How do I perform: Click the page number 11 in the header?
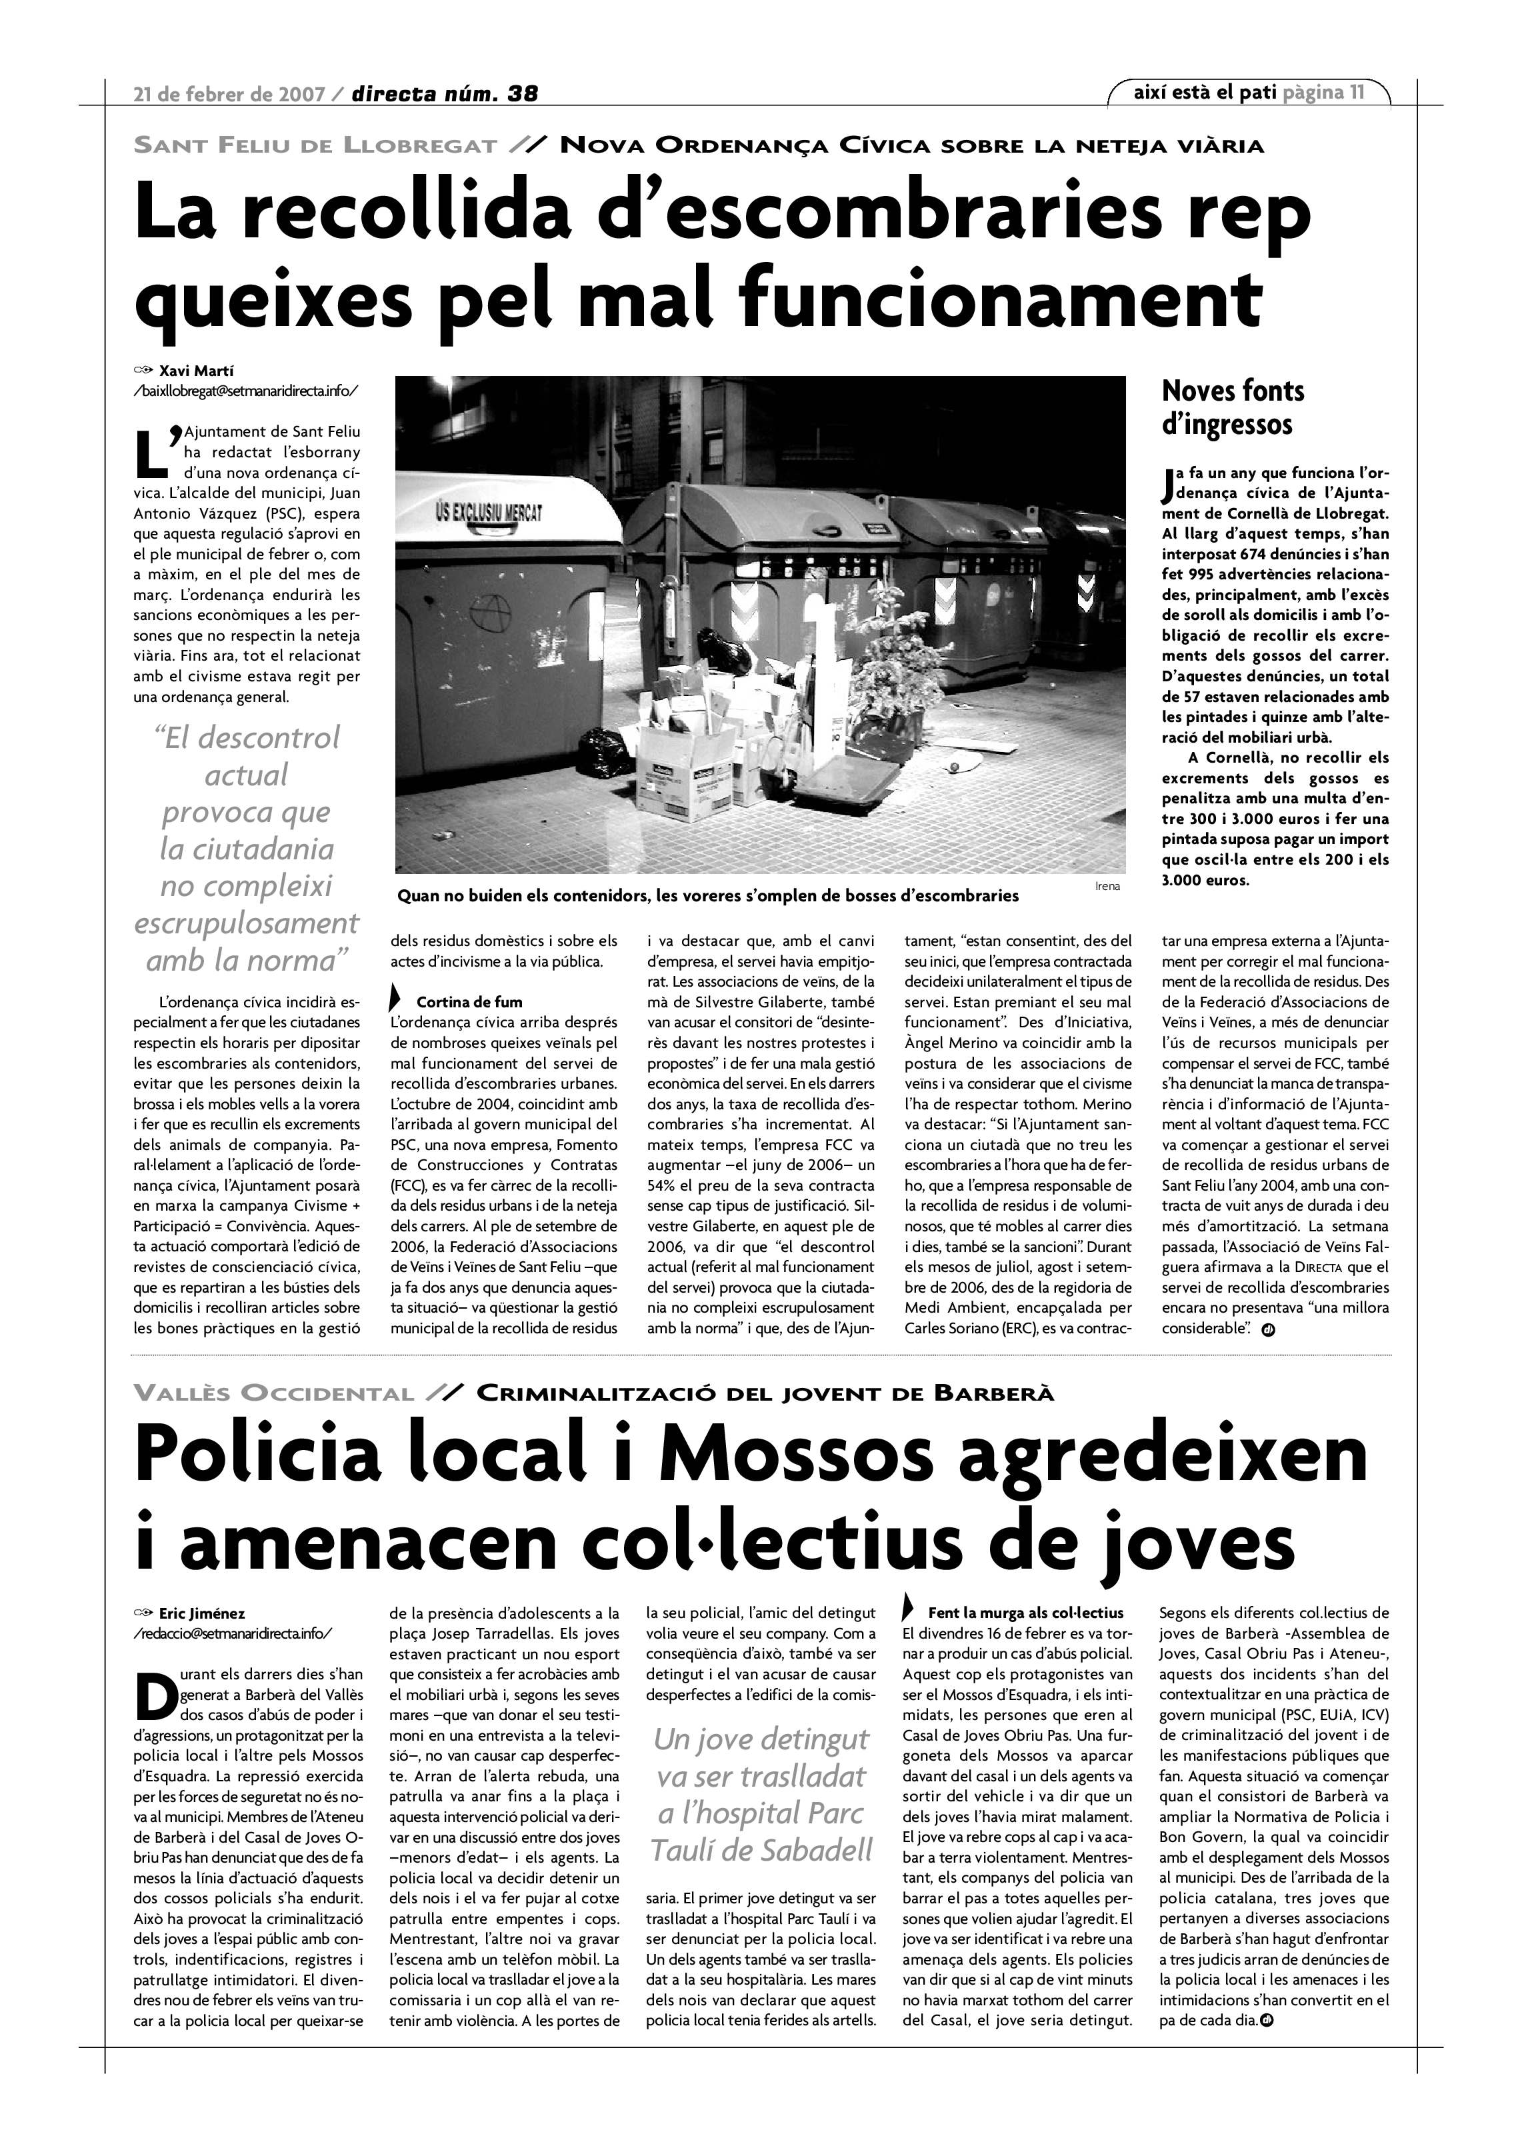1356,92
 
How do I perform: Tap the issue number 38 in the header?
522,94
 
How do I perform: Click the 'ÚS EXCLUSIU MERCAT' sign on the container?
489,512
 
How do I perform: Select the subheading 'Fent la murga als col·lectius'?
1025,1614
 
